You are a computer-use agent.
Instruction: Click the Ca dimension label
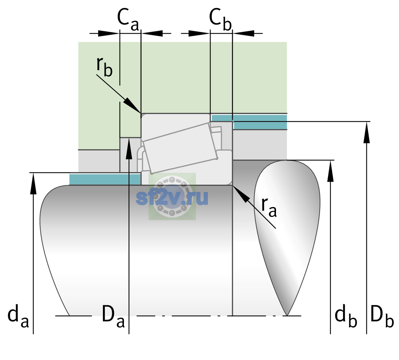128,20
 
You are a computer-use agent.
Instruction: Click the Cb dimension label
220,20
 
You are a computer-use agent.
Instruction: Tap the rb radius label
105,67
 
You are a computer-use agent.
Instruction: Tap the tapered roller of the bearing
180,148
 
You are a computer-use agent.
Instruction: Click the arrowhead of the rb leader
132,106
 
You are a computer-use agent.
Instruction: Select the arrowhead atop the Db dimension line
367,132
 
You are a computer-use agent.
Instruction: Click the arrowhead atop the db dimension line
330,171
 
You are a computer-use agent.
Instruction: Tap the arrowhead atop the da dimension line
33,183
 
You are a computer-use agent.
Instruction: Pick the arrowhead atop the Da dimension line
129,148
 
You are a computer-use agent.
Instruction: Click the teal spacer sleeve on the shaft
105,179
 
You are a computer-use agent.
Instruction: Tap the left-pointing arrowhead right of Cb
243,33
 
